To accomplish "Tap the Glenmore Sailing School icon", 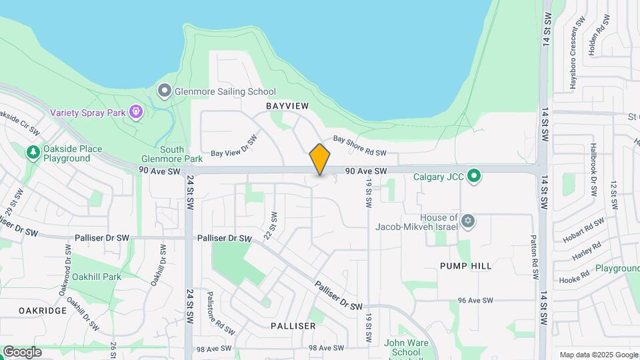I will coord(164,90).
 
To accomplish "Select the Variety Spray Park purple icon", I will coord(137,111).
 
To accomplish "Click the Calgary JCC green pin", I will coord(474,176).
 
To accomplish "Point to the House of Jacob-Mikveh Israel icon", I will coord(468,220).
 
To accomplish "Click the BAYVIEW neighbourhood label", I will coord(287,107).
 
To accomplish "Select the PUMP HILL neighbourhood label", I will coord(466,266).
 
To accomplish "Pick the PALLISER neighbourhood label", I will coord(293,326).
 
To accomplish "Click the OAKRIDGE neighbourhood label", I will coord(43,311).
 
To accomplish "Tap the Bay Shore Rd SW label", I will coord(359,148).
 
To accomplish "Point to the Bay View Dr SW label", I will coord(233,146).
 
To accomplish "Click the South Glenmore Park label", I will coord(172,155).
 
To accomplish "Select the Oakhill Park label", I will coord(97,277).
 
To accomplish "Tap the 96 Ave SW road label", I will coord(475,301).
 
